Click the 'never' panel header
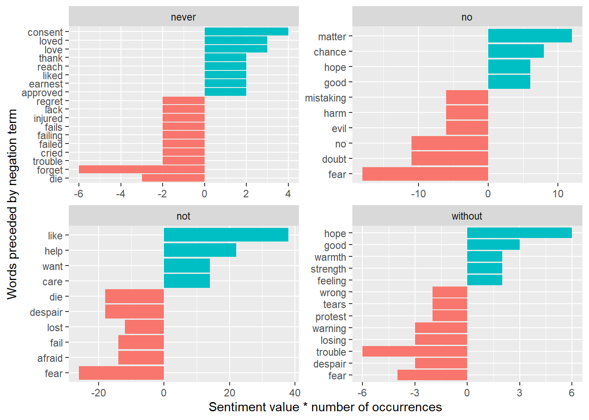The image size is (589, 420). point(183,17)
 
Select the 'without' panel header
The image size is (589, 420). point(467,216)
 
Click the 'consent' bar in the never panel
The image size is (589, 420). point(246,31)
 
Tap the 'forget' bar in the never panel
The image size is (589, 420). point(142,169)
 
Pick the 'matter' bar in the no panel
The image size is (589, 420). point(530,36)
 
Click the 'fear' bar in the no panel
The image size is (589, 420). point(425,174)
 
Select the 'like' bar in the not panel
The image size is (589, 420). point(226,235)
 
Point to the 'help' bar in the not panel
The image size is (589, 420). point(200,250)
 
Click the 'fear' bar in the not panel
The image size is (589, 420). point(121,373)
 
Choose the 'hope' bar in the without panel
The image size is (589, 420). point(519,233)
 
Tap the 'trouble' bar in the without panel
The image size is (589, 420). point(415,351)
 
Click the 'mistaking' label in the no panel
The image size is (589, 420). point(326,98)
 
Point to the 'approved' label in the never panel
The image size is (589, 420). point(42,93)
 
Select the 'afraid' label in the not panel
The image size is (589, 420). point(50,358)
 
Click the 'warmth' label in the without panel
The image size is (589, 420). point(330,257)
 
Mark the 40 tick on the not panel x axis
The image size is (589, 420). point(295,392)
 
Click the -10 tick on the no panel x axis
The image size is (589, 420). point(418,194)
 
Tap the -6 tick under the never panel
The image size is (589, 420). point(78,194)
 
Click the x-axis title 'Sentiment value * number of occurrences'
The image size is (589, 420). point(325,407)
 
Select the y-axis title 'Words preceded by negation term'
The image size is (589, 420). point(12,204)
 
